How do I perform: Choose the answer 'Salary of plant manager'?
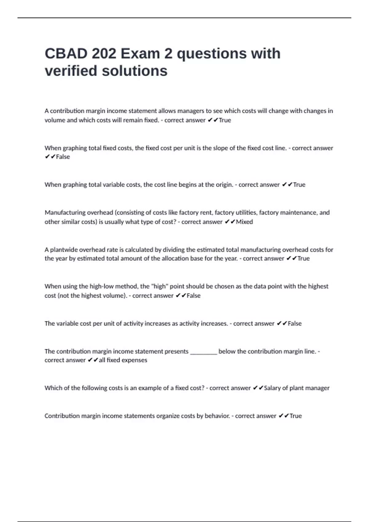click(296, 388)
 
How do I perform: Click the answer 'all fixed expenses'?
click(123, 360)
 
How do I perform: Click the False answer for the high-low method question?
click(193, 295)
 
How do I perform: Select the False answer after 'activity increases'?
click(295, 323)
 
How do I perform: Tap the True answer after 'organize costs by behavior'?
click(296, 416)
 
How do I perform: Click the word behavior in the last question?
click(217, 416)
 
